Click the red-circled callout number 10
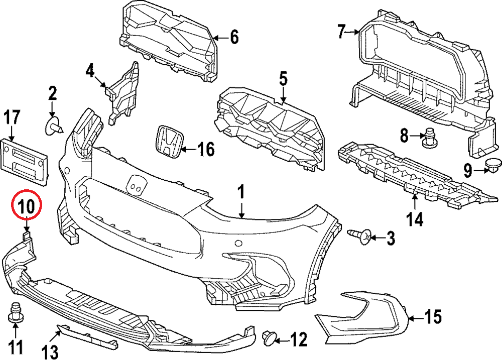pos(26,205)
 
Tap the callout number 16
pos(205,149)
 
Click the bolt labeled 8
pos(429,139)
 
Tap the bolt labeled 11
pos(15,312)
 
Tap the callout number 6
pos(234,37)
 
